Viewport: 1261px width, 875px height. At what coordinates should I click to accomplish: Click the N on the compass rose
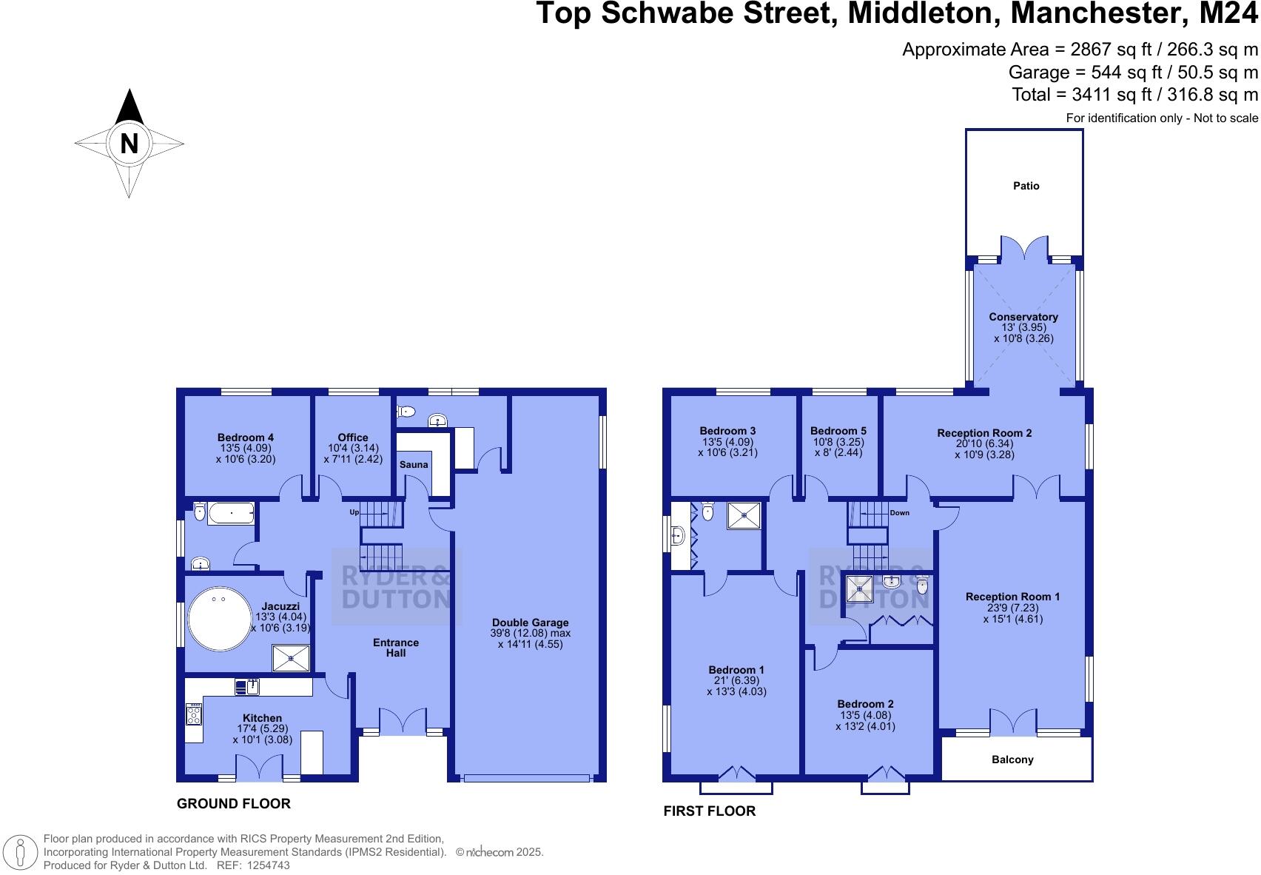[x=130, y=143]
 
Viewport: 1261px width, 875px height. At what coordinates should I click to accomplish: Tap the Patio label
[x=1026, y=186]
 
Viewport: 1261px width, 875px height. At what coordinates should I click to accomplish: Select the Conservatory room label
[x=1023, y=317]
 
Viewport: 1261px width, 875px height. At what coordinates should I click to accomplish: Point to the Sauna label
[x=414, y=464]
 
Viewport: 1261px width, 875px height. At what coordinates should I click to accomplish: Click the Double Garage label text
[x=530, y=623]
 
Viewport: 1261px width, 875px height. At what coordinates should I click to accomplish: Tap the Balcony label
[x=1012, y=760]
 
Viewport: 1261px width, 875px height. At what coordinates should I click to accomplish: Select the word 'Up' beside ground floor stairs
[x=354, y=512]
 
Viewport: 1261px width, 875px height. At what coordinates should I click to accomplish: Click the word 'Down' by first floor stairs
[x=900, y=513]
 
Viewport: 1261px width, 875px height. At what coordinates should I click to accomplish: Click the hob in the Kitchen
[x=194, y=715]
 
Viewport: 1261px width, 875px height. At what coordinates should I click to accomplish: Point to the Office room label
[x=353, y=437]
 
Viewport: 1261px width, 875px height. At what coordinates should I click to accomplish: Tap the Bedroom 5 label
[x=838, y=431]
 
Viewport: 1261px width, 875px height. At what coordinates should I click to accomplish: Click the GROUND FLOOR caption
[x=234, y=803]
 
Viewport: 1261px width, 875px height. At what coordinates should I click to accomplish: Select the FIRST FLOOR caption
[x=709, y=811]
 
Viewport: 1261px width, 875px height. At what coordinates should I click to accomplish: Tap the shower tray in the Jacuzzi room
[x=291, y=658]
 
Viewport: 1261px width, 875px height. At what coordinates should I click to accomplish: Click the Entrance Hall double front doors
[x=403, y=720]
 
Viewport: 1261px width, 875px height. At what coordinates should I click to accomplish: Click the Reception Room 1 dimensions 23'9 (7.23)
[x=1012, y=608]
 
